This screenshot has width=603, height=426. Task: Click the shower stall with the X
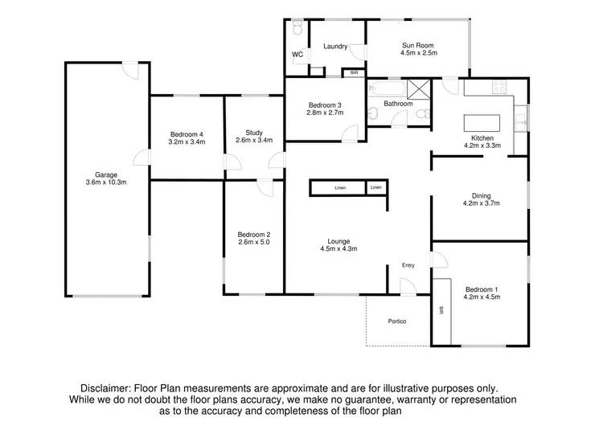[419, 89]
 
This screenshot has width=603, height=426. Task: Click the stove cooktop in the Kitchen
[498, 86]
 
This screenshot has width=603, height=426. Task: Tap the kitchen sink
[521, 120]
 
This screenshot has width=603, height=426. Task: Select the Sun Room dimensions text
[418, 53]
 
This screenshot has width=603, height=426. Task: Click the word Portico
[397, 322]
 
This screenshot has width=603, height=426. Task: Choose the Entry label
[409, 266]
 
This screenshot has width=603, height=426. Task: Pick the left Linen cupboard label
[340, 187]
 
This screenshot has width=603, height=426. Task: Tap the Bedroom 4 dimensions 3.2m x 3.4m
[187, 141]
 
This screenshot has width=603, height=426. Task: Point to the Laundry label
[335, 47]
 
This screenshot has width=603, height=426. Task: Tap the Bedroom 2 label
[254, 232]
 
